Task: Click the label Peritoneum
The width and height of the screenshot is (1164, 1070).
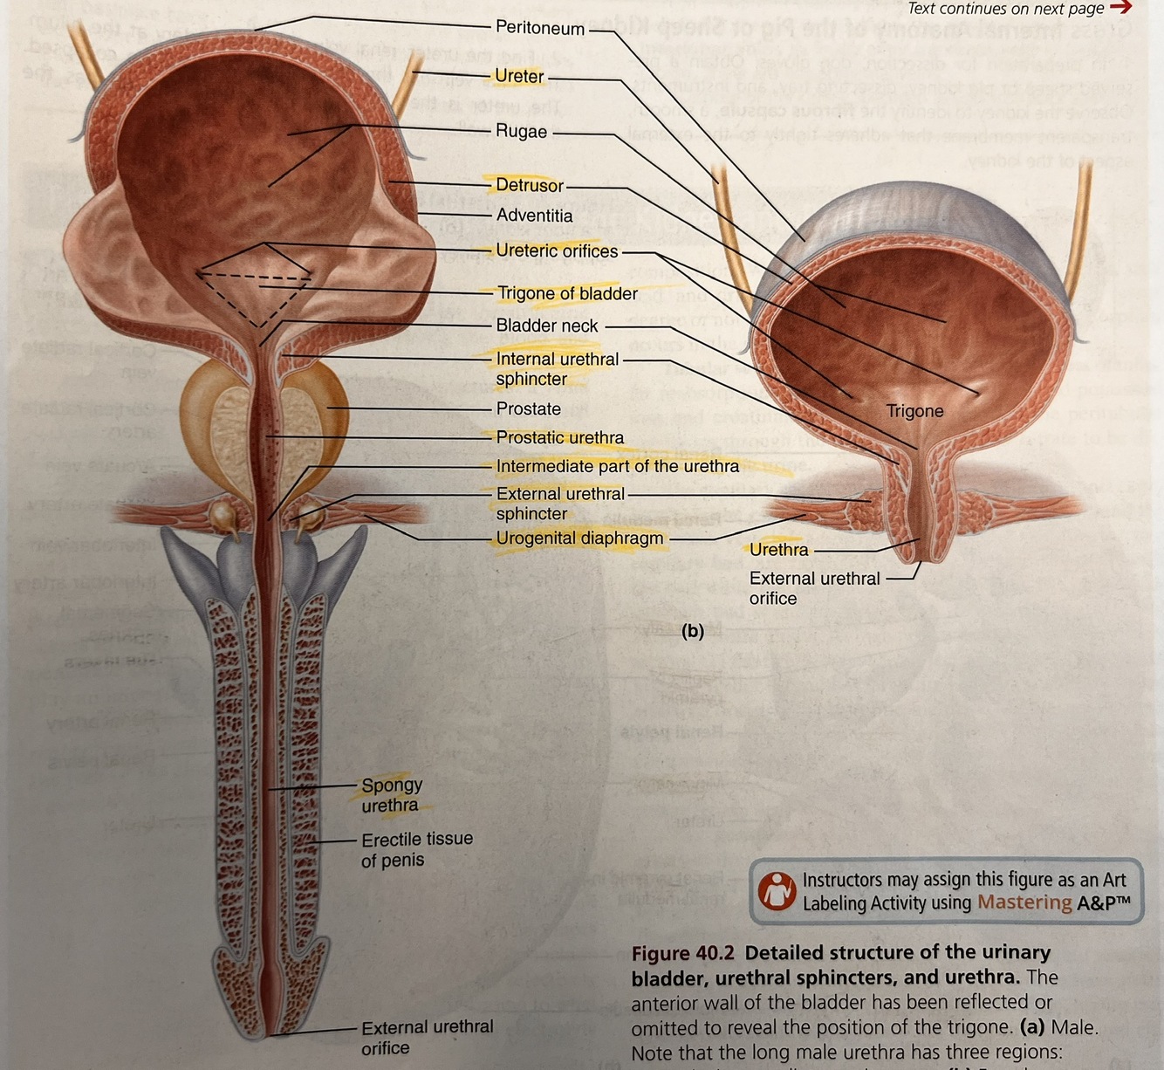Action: point(539,28)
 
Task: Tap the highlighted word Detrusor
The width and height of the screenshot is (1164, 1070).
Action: point(529,185)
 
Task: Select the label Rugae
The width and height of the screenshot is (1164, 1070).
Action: point(521,132)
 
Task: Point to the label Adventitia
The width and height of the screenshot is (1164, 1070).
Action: point(534,216)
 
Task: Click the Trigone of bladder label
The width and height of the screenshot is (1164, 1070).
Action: point(566,294)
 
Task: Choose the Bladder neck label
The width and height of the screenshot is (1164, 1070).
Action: point(546,326)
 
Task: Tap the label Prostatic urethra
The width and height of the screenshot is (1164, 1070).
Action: point(559,437)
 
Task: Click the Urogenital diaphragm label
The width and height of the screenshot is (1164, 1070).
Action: point(579,538)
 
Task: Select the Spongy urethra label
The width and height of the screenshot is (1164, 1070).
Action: point(391,795)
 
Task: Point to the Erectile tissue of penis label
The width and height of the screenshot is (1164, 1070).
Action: point(416,849)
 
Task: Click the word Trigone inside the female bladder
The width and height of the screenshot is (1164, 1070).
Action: point(914,411)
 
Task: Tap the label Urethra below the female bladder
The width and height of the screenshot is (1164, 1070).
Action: point(778,550)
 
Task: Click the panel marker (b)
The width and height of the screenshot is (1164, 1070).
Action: point(692,631)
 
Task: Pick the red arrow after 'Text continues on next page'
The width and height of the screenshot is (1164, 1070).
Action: point(1120,8)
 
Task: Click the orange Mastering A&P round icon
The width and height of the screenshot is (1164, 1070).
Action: point(776,891)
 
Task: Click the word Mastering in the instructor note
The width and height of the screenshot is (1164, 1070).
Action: point(1024,902)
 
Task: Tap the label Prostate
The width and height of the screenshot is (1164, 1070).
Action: point(528,408)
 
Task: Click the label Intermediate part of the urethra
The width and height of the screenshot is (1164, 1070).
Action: point(617,467)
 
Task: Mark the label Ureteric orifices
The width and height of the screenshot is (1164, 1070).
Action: point(556,251)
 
